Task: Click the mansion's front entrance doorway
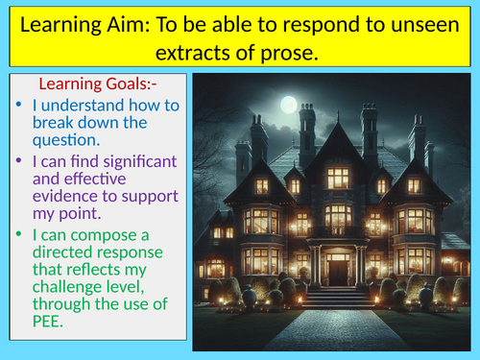click(337, 268)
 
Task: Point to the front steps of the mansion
click(337, 298)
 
